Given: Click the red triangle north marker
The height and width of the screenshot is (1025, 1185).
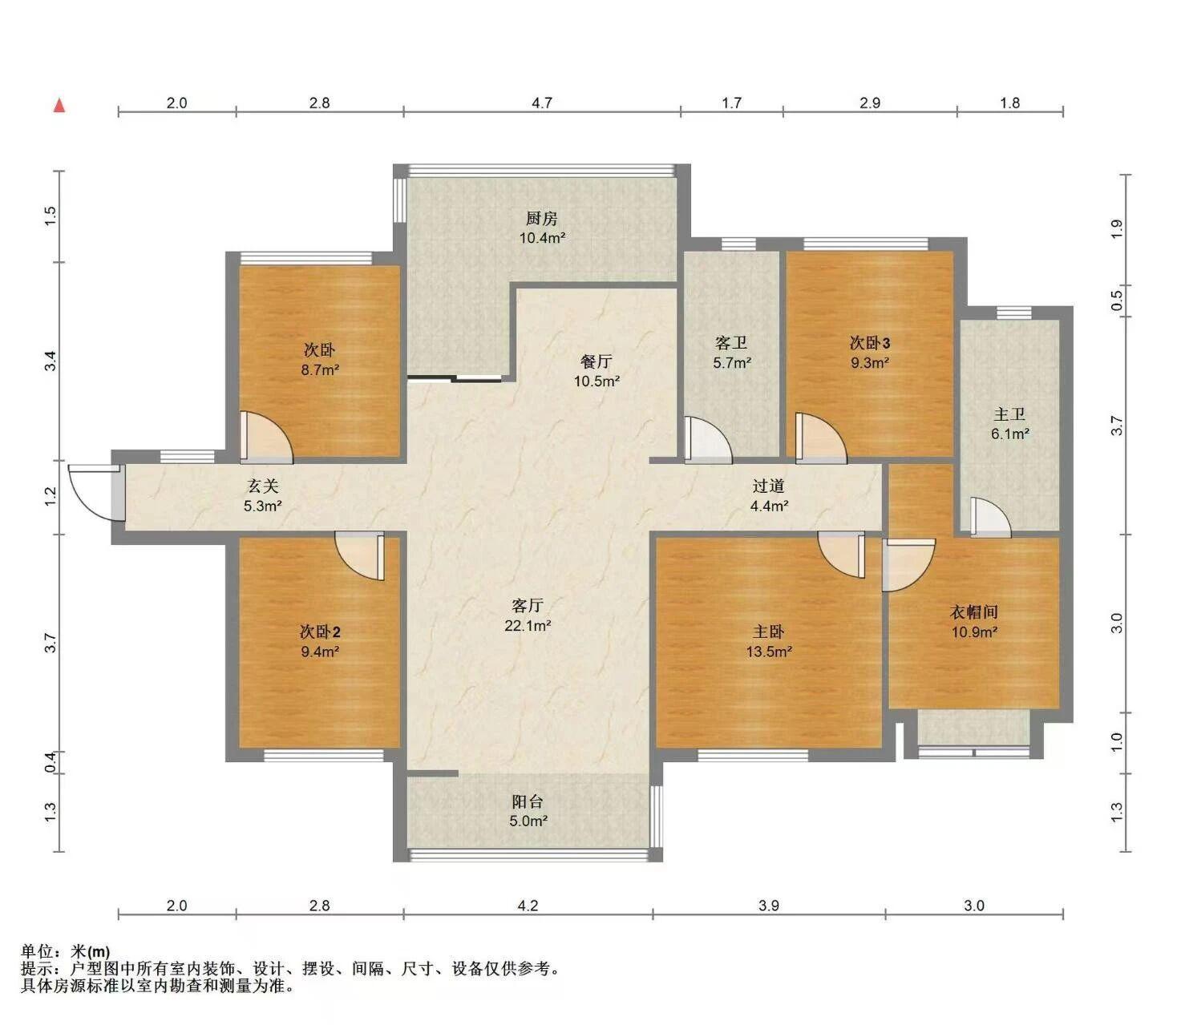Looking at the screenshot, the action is click(x=59, y=106).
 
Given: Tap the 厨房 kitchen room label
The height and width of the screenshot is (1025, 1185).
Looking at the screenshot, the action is click(x=542, y=218).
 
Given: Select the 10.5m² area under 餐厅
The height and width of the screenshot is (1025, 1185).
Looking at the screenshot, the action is click(x=597, y=381).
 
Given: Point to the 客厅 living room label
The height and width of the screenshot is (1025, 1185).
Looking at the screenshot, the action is click(x=528, y=606).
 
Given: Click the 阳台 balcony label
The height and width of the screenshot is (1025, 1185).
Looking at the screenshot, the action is click(x=528, y=801).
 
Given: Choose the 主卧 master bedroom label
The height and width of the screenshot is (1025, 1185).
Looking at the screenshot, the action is click(x=768, y=632).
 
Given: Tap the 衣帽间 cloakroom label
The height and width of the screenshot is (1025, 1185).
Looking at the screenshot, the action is click(x=974, y=612).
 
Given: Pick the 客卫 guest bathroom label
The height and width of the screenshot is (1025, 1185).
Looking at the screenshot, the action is click(x=731, y=343).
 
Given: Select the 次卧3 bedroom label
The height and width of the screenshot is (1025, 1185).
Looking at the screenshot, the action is click(x=870, y=343).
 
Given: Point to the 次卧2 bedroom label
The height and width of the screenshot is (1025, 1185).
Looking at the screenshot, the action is click(x=320, y=632).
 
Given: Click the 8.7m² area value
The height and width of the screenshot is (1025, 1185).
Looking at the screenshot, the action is click(x=320, y=369).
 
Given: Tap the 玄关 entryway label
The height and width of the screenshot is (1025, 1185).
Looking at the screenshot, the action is click(x=262, y=486).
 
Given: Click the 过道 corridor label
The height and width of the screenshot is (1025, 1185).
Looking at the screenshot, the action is click(x=768, y=486).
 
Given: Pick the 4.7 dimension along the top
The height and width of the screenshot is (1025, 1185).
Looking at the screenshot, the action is click(x=542, y=103).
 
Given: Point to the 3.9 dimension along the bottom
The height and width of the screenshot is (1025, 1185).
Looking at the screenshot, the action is click(x=768, y=906).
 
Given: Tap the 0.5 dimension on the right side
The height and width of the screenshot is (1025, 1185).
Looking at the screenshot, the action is click(x=1116, y=301).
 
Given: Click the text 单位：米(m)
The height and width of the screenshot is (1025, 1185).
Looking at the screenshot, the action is click(x=65, y=951).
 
